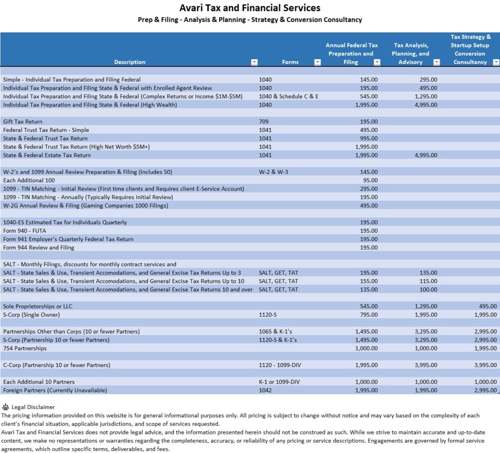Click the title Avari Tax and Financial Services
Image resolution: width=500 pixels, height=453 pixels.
(x=250, y=8)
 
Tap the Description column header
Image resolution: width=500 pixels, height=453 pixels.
(x=129, y=62)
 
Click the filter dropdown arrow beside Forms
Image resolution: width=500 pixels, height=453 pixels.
(x=317, y=62)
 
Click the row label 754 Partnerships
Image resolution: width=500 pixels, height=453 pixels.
(x=25, y=348)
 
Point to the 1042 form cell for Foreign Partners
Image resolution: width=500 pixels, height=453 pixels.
(x=266, y=390)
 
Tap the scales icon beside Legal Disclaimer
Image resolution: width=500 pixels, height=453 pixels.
(x=6, y=407)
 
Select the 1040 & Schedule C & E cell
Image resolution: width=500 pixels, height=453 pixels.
(x=289, y=97)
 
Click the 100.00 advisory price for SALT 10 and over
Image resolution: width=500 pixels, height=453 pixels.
(x=428, y=290)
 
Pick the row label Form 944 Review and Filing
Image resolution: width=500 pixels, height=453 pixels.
(x=39, y=248)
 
